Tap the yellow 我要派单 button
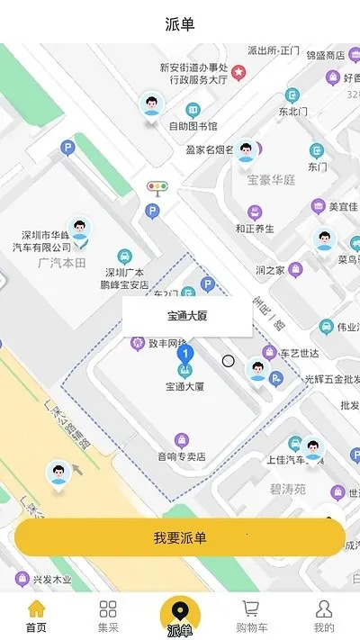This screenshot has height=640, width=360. click(x=180, y=537)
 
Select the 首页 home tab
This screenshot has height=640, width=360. click(x=36, y=617)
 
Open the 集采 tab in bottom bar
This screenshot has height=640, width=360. click(x=108, y=617)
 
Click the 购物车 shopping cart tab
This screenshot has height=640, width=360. click(x=251, y=617)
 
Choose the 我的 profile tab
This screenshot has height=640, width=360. click(x=324, y=617)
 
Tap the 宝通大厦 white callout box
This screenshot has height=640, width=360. click(x=187, y=316)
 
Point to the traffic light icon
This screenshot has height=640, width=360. click(x=157, y=188)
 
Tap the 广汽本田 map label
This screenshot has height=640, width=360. click(x=62, y=262)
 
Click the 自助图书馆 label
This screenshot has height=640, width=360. click(x=193, y=126)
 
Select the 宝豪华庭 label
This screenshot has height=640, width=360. click(x=271, y=179)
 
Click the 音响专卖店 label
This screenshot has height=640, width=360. click(x=182, y=456)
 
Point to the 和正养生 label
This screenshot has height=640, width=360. click(x=255, y=229)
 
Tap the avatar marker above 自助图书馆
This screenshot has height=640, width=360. click(x=152, y=105)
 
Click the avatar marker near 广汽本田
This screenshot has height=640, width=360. click(x=81, y=230)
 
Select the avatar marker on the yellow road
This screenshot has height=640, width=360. click(x=59, y=474)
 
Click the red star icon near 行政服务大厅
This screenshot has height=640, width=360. click(x=238, y=71)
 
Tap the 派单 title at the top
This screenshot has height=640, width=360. click(x=180, y=23)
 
